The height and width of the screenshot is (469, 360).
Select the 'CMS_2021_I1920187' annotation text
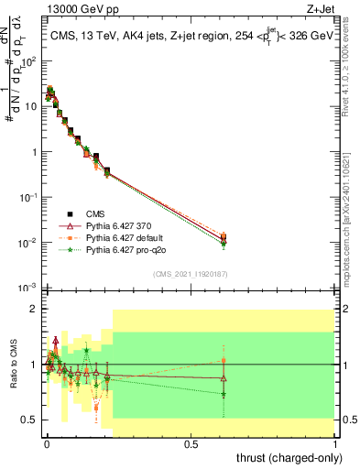click(x=191, y=275)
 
